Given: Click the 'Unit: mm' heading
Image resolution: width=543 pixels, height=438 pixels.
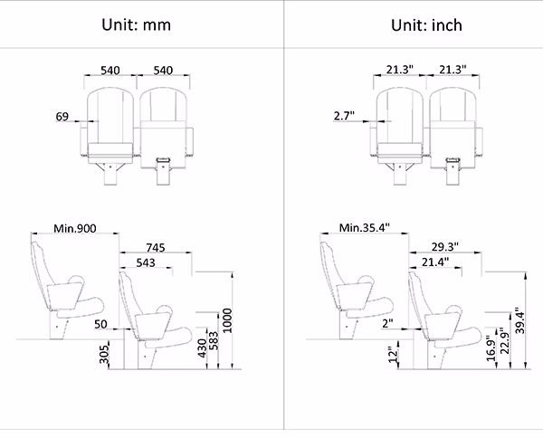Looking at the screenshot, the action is click(136, 25).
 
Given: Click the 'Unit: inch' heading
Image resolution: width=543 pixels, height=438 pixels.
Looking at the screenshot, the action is click(426, 25).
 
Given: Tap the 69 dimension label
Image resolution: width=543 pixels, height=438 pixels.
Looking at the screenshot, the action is click(62, 117).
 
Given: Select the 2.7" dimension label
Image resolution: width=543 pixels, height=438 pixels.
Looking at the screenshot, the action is click(344, 116).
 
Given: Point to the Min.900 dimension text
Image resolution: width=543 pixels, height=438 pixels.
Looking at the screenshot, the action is click(75, 228).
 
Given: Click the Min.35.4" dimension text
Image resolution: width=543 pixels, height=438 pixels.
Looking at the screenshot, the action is click(365, 227).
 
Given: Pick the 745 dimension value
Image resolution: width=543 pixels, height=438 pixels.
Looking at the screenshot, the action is click(156, 248).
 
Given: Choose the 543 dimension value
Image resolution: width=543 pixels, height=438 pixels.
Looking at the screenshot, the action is click(146, 262).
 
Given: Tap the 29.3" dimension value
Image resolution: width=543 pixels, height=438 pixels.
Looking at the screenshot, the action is click(445, 247).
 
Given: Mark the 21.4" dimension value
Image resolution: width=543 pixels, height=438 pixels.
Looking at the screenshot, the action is click(435, 262).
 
